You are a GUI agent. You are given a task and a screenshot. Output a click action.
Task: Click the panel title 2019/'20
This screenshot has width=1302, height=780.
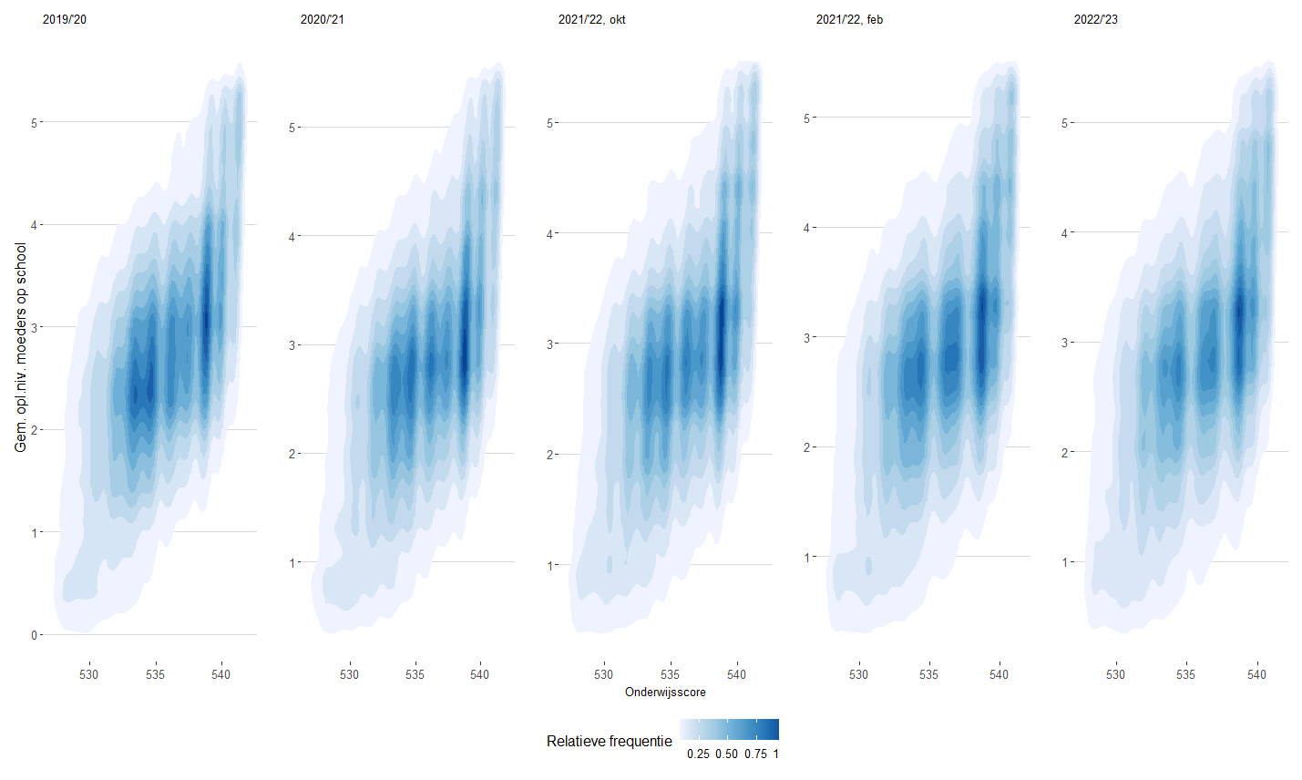[65, 19]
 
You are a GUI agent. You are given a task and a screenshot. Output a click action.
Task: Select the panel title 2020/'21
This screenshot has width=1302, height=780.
[323, 19]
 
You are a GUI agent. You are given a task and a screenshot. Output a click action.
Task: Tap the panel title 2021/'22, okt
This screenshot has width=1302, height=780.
[591, 19]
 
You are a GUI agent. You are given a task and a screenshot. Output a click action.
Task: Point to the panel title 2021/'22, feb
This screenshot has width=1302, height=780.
[849, 19]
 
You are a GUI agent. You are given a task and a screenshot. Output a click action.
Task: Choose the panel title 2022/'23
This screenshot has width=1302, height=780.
[1095, 19]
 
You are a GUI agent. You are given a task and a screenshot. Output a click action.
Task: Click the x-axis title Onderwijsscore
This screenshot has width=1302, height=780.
[665, 693]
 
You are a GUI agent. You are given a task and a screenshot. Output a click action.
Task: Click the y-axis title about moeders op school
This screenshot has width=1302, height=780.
[21, 346]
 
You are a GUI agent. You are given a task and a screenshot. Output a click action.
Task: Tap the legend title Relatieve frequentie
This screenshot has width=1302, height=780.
[609, 741]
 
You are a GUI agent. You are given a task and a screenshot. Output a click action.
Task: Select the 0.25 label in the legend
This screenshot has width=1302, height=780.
[699, 754]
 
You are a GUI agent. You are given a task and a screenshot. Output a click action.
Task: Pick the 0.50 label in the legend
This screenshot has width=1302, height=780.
[727, 754]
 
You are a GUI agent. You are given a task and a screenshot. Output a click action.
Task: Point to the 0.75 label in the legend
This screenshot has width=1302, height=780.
[755, 754]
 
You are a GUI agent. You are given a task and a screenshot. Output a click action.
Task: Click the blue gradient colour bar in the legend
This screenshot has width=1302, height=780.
[729, 730]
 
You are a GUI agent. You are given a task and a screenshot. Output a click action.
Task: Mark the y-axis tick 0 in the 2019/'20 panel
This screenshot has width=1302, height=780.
[35, 635]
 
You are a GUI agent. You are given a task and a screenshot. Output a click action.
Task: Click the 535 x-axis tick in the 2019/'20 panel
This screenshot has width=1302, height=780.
[155, 674]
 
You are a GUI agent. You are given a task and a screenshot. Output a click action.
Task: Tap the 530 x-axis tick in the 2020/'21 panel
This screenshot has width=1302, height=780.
[350, 674]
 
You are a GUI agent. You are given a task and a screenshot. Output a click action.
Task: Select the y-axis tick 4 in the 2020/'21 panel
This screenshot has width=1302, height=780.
[292, 237]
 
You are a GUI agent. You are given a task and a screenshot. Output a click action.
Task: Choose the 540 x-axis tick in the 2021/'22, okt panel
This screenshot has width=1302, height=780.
[736, 674]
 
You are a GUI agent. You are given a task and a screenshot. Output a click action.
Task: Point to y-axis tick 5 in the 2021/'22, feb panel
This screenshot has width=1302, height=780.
[806, 118]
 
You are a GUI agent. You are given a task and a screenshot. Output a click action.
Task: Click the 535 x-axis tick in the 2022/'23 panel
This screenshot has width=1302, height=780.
[1185, 674]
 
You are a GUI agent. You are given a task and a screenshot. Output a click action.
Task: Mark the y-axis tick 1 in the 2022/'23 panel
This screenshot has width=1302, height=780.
[1064, 562]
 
